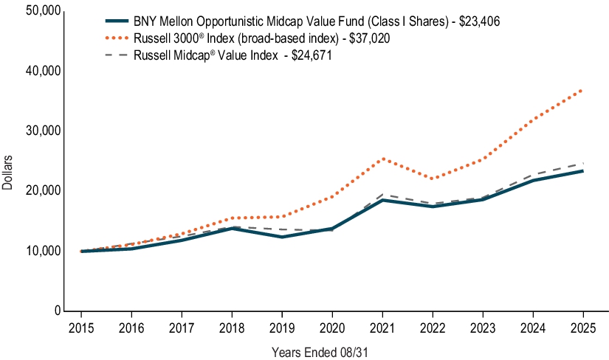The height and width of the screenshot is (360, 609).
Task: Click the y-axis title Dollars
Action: tap(8, 173)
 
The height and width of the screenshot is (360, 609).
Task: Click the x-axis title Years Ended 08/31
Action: tap(320, 353)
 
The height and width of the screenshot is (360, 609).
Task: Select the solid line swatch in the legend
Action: tap(119, 22)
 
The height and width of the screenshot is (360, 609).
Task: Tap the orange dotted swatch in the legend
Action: tap(119, 38)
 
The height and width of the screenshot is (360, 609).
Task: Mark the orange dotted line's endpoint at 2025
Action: tap(583, 89)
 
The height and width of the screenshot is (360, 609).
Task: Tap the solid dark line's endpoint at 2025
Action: tap(583, 171)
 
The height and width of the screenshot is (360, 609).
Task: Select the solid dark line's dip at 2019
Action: tap(283, 237)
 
